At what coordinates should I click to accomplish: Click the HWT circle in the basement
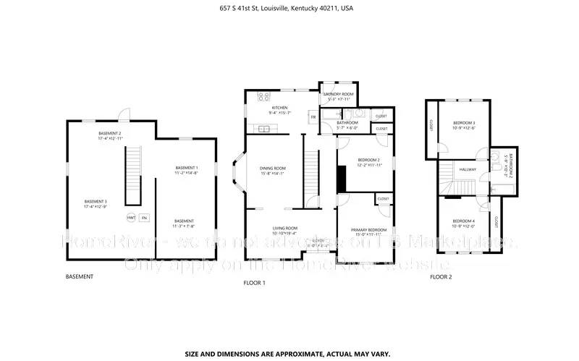(132, 217)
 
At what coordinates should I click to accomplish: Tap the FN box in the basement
(144, 217)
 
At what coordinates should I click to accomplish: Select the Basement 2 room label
(111, 135)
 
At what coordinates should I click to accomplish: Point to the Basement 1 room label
(186, 170)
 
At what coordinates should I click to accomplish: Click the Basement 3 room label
(96, 204)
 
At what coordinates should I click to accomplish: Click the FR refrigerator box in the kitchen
(313, 116)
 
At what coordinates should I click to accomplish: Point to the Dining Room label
(273, 171)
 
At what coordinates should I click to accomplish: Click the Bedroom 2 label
(368, 162)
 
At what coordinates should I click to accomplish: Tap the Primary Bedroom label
(368, 232)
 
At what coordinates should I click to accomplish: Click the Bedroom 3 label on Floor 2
(464, 126)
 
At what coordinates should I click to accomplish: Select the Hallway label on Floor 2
(467, 169)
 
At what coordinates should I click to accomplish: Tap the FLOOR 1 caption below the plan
(255, 283)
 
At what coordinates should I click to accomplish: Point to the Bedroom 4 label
(464, 223)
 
